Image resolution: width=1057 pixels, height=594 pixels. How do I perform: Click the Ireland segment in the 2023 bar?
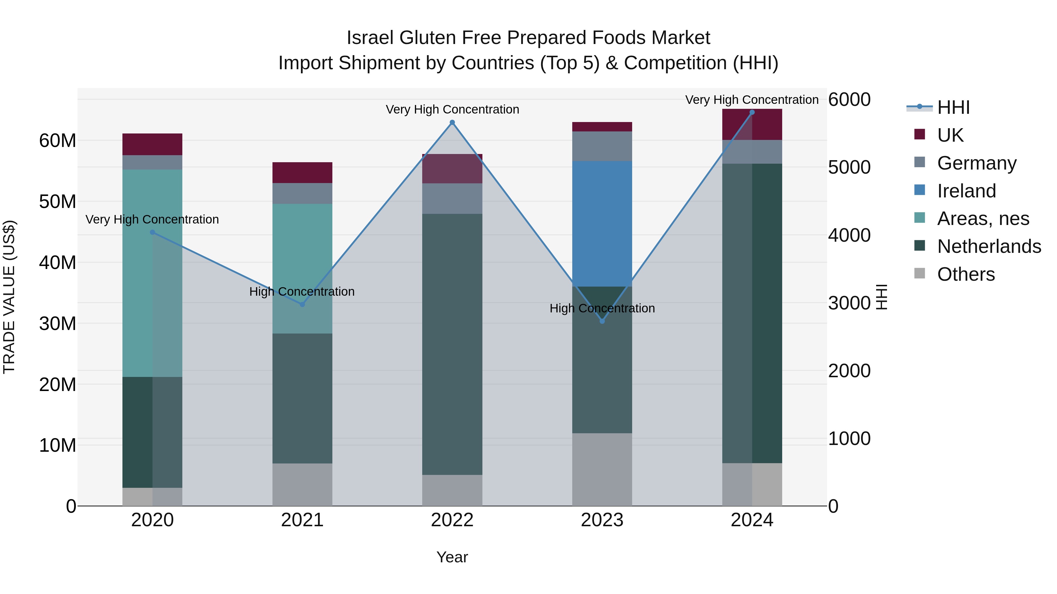[x=602, y=224]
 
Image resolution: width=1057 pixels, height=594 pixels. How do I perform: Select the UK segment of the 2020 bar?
[x=152, y=144]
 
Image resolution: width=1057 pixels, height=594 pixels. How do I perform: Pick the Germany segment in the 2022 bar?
[x=452, y=198]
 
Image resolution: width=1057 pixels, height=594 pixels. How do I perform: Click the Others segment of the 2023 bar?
[x=602, y=469]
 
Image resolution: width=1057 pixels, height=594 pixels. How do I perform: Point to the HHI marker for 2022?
[x=452, y=122]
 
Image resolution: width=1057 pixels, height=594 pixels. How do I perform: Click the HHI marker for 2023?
[x=602, y=321]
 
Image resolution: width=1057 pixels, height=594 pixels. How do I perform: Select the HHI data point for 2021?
[x=302, y=304]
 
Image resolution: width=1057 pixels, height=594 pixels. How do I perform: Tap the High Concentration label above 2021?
[x=302, y=292]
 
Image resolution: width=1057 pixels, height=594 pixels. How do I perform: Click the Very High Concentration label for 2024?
[x=752, y=100]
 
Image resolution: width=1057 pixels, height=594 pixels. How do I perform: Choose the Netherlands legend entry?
[x=989, y=246]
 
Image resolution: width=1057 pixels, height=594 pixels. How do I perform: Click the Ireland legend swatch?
[x=920, y=190]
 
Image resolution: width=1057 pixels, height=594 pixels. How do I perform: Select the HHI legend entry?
[x=953, y=107]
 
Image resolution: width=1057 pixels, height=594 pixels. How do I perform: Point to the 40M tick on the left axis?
[x=58, y=262]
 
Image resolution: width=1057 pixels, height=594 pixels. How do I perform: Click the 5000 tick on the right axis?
[x=849, y=167]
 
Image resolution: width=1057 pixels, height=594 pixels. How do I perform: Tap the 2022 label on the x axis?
[x=452, y=520]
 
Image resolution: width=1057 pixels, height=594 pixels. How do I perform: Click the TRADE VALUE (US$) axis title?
[x=9, y=297]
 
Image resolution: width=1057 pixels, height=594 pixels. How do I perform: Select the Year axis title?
[x=452, y=557]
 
